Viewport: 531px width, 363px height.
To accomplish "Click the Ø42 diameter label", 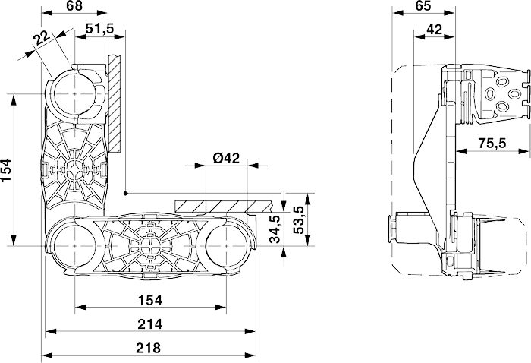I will tap(226, 158).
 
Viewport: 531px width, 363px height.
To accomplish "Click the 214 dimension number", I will tap(151, 324).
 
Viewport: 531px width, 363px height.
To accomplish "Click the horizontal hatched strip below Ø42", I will tap(224, 206).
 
